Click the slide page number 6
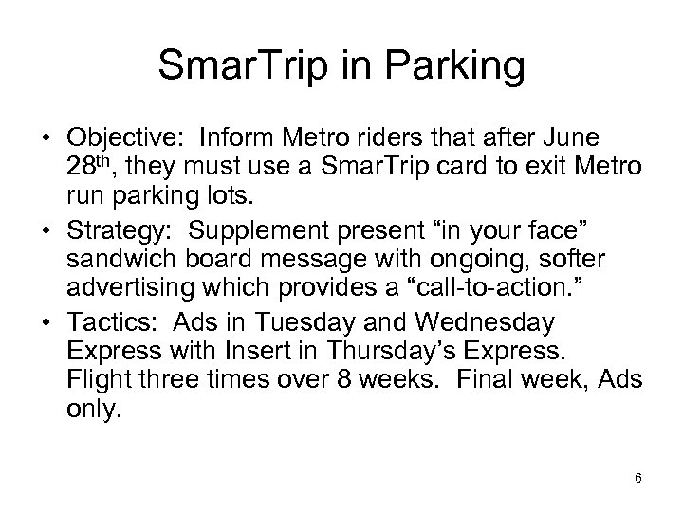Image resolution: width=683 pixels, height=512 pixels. coord(638,478)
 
